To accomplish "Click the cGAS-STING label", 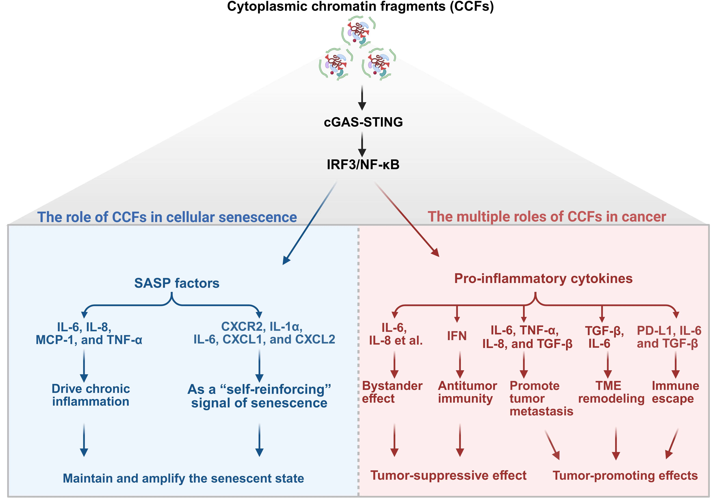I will [363, 122].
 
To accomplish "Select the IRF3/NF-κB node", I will [363, 164].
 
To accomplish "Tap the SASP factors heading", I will [177, 283].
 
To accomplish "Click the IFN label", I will [457, 336].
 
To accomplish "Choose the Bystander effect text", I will [392, 392].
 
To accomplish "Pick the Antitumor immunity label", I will [467, 392].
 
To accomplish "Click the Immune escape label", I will [675, 392].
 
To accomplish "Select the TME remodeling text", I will [611, 392].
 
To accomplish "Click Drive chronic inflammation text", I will [91, 395].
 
